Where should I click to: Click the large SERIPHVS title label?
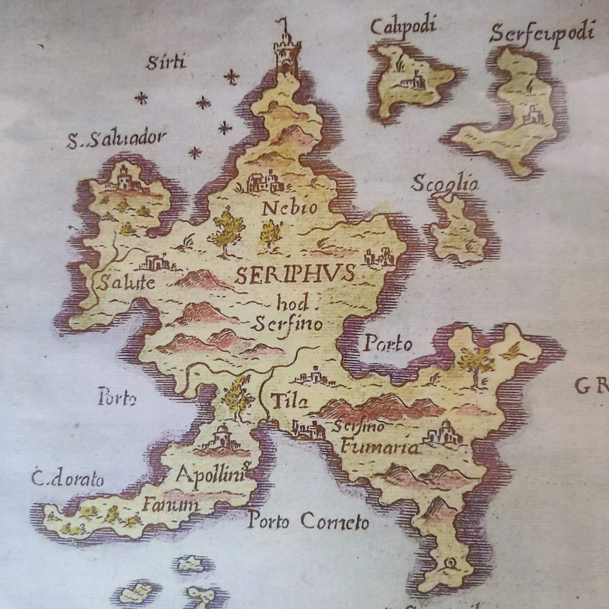pyautogui.click(x=295, y=274)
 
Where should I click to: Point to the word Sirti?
pyautogui.click(x=167, y=62)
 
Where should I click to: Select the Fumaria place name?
pyautogui.click(x=380, y=446)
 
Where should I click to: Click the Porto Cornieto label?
pyautogui.click(x=308, y=521)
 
